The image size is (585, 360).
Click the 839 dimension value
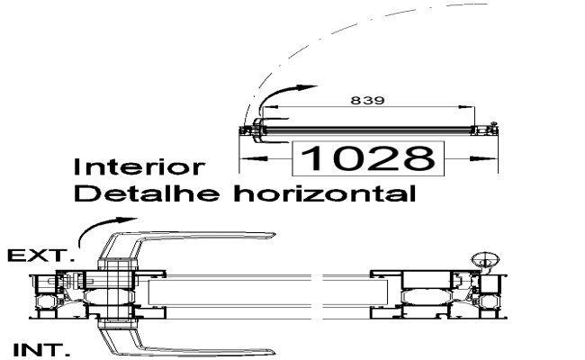pos(367,100)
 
